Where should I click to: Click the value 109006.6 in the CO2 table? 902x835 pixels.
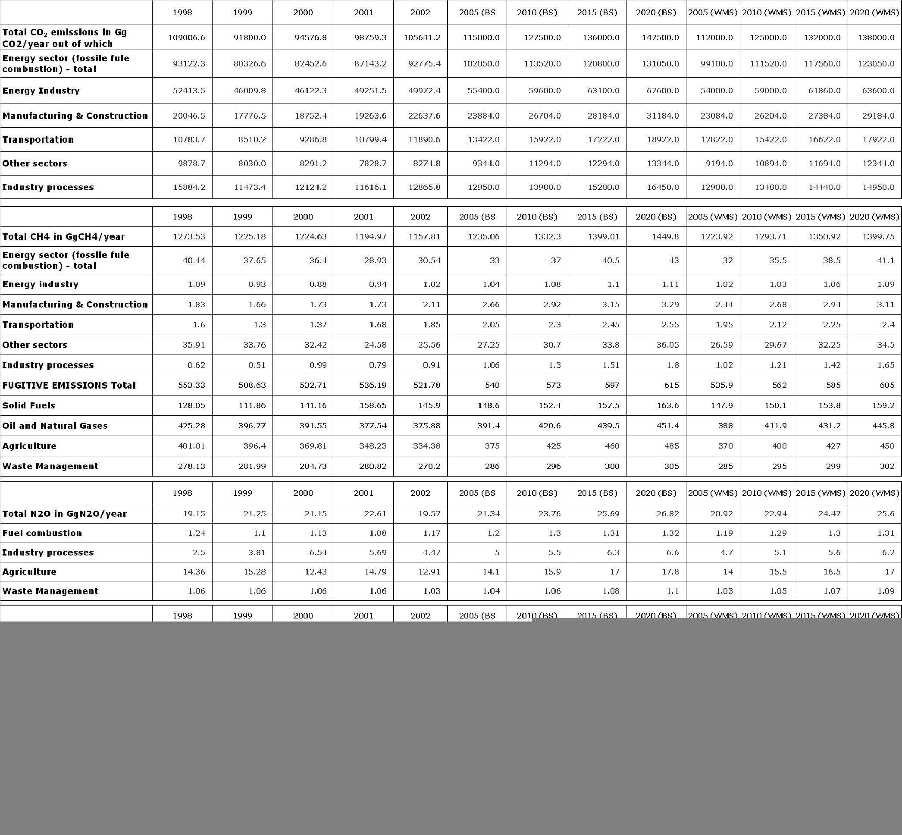pyautogui.click(x=187, y=38)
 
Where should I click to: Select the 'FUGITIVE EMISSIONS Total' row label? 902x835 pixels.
pyautogui.click(x=69, y=386)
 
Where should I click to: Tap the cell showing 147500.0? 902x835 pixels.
pyautogui.click(x=661, y=38)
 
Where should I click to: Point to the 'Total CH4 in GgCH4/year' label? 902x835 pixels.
pyautogui.click(x=64, y=237)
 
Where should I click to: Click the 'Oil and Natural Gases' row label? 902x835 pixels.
pyautogui.click(x=55, y=426)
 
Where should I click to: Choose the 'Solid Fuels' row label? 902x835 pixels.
pyautogui.click(x=29, y=405)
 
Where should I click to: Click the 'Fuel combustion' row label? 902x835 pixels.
pyautogui.click(x=42, y=533)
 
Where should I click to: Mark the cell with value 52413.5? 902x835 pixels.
pyautogui.click(x=189, y=91)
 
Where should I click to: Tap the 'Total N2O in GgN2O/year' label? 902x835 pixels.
pyautogui.click(x=65, y=514)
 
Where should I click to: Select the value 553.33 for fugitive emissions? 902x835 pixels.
pyautogui.click(x=191, y=386)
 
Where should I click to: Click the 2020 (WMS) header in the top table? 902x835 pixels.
pyautogui.click(x=874, y=12)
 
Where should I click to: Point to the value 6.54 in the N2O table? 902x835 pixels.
pyautogui.click(x=316, y=552)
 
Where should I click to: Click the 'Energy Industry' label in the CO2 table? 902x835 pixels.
pyautogui.click(x=41, y=91)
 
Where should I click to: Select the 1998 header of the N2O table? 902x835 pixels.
pyautogui.click(x=182, y=493)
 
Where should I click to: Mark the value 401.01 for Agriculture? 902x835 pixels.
pyautogui.click(x=191, y=446)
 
